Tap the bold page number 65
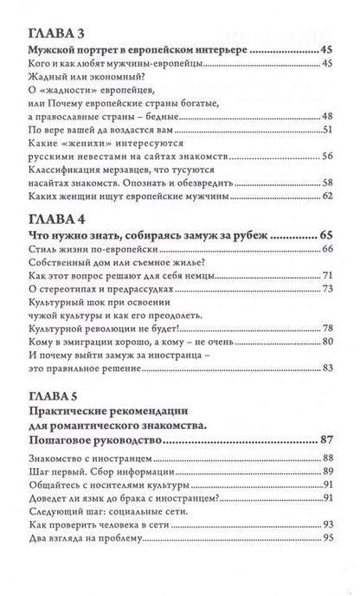(x=325, y=234)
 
